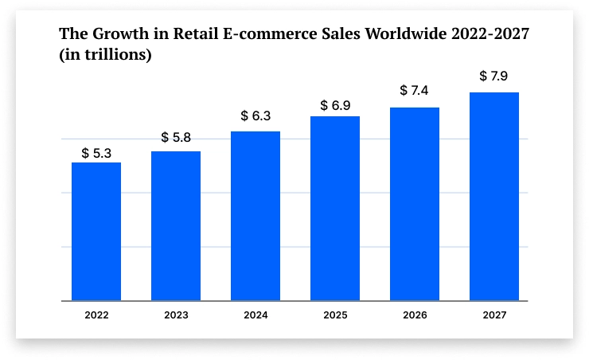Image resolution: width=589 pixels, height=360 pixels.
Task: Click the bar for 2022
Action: (96, 231)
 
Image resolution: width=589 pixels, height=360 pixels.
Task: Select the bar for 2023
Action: (176, 225)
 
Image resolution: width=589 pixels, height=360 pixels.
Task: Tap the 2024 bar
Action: (255, 216)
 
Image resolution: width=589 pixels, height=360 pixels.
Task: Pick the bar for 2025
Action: (335, 209)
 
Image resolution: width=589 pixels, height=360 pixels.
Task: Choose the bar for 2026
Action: (415, 204)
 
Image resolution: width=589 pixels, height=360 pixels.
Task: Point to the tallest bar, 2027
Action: (494, 197)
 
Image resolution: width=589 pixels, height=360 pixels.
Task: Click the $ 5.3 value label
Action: (96, 152)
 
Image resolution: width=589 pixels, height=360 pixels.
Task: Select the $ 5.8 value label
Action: (176, 138)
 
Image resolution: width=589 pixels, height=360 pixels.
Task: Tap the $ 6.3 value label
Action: (255, 116)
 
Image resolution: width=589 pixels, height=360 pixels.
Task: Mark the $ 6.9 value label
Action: (335, 105)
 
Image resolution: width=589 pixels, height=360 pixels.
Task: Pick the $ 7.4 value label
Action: (415, 91)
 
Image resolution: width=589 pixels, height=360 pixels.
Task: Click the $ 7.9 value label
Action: (494, 76)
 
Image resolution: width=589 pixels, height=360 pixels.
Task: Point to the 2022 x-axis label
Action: (96, 315)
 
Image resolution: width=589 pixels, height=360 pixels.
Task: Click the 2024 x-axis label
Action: (255, 315)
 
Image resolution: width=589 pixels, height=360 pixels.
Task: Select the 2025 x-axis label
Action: (335, 315)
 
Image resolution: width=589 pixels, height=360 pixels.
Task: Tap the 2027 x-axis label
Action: (494, 315)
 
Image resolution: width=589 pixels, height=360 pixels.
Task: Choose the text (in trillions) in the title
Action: (106, 56)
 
